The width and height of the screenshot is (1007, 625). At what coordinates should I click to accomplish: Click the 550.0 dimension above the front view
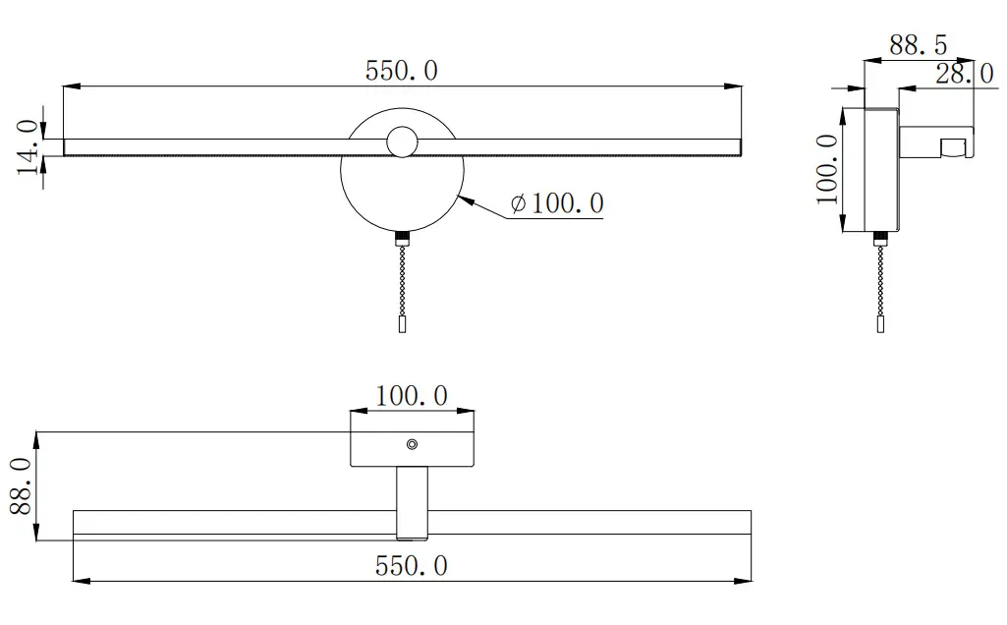tap(402, 71)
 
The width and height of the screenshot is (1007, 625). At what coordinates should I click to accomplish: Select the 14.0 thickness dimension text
tap(28, 146)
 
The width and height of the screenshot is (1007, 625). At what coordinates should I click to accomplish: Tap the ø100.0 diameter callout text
tap(557, 203)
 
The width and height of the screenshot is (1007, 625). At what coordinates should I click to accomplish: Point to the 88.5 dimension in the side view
tap(918, 45)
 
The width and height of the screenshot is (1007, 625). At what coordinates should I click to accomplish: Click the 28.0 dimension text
tap(965, 74)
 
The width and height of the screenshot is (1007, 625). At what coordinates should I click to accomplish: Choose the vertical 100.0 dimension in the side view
tap(828, 170)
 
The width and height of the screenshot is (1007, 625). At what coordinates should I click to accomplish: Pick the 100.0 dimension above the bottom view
tap(411, 396)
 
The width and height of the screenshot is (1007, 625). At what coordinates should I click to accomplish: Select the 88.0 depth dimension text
tap(22, 486)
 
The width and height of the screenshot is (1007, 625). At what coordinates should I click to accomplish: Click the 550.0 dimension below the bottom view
tap(411, 566)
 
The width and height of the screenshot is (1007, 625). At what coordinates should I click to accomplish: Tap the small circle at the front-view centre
tap(402, 142)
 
